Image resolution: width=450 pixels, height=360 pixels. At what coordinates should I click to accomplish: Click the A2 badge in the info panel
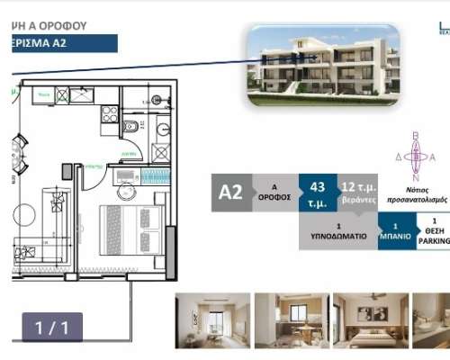tap(231, 192)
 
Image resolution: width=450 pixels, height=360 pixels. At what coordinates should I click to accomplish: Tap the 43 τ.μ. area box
tap(317, 192)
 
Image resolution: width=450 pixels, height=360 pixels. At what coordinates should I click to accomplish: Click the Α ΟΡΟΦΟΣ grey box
tap(274, 192)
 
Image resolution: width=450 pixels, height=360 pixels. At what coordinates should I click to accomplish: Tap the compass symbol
tap(416, 157)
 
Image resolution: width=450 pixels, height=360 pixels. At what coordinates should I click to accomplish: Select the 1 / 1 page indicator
tap(52, 328)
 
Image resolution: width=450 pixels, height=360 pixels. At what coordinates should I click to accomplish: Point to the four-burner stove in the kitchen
tap(110, 114)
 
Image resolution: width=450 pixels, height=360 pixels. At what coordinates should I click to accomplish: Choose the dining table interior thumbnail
tap(289, 320)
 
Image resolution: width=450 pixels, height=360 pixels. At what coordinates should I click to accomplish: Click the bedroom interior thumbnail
tap(366, 320)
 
